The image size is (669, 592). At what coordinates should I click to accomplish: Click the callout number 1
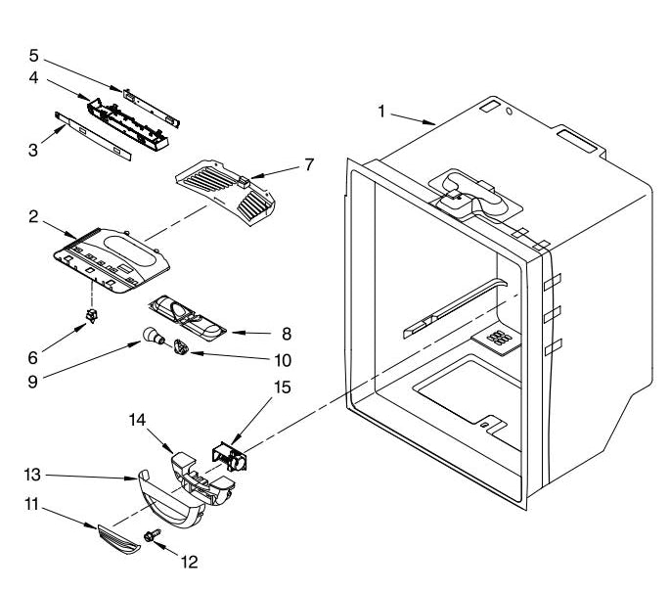pyautogui.click(x=381, y=112)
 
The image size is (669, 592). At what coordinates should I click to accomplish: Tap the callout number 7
pyautogui.click(x=309, y=164)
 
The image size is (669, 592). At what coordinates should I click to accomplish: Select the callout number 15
pyautogui.click(x=282, y=387)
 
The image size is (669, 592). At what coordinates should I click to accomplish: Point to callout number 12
pyautogui.click(x=190, y=562)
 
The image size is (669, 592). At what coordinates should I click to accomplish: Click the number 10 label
pyautogui.click(x=283, y=361)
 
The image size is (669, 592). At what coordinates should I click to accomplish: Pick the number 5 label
pyautogui.click(x=33, y=56)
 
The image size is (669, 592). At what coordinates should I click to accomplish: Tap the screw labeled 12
pyautogui.click(x=152, y=535)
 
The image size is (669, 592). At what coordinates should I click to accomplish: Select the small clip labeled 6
pyautogui.click(x=91, y=315)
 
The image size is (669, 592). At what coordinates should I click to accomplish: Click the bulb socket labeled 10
pyautogui.click(x=181, y=346)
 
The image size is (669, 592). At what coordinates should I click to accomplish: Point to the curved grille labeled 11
pyautogui.click(x=118, y=538)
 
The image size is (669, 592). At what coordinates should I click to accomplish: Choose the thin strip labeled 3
pyautogui.click(x=93, y=136)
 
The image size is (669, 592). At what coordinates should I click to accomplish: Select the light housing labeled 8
pyautogui.click(x=187, y=318)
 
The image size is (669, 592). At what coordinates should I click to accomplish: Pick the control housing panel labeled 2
pyautogui.click(x=111, y=260)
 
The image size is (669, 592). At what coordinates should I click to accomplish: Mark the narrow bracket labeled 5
pyautogui.click(x=151, y=108)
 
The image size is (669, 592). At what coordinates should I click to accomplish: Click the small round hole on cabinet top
pyautogui.click(x=509, y=112)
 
